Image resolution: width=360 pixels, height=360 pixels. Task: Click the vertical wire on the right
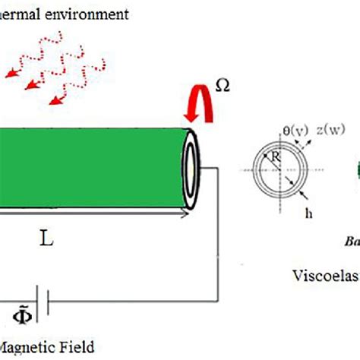(x=219, y=235)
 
